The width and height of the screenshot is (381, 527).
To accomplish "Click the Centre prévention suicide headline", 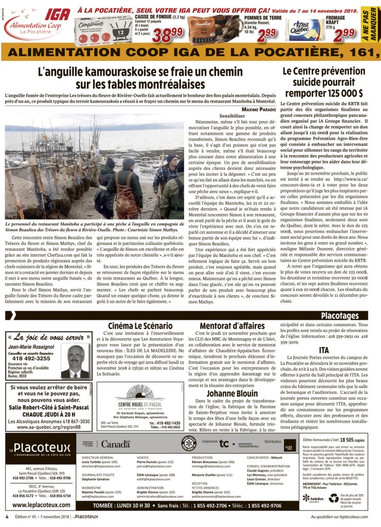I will pyautogui.click(x=323, y=82).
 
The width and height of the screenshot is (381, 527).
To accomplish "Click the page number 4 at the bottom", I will pyautogui.click(x=7, y=516).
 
